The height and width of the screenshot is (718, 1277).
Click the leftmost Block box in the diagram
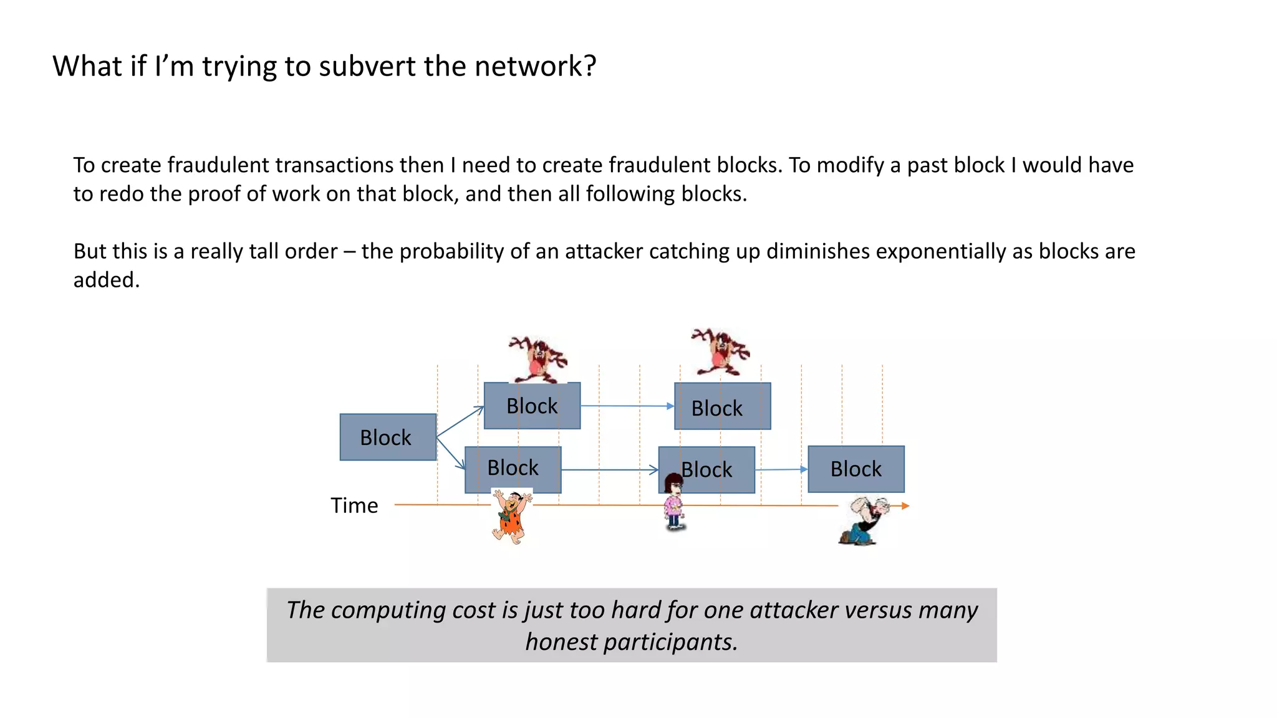388,437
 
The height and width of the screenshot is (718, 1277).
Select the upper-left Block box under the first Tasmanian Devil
532,406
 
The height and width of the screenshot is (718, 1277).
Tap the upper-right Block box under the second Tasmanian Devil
722,406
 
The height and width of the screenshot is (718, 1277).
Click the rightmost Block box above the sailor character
855,469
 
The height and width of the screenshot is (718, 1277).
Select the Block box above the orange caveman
513,468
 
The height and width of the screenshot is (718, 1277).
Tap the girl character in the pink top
673,502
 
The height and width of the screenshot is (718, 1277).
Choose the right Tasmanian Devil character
721,352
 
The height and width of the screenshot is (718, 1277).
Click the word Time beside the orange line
354,505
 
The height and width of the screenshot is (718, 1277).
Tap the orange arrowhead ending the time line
905,506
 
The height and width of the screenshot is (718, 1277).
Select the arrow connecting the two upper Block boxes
627,406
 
